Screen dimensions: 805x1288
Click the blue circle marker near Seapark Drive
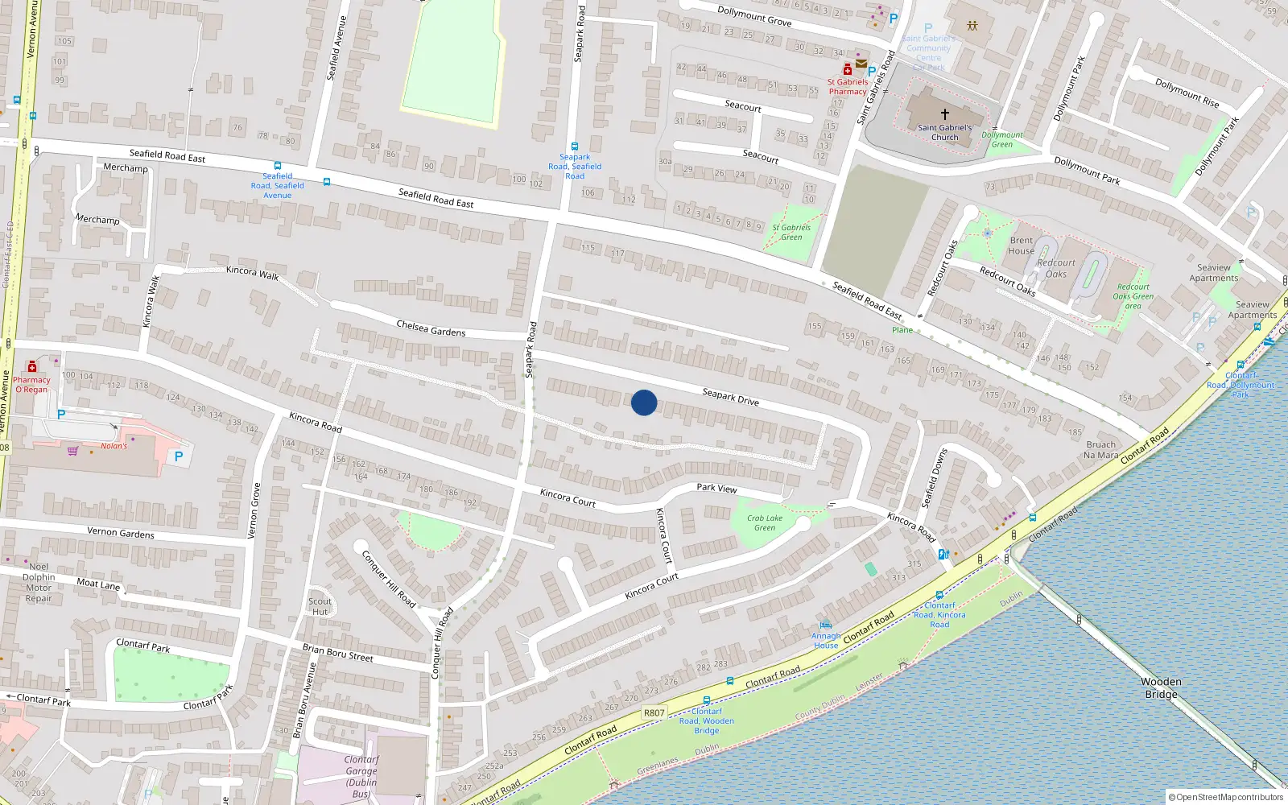(644, 402)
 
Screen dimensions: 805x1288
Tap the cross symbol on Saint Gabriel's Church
(945, 114)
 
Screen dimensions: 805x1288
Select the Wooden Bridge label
(1161, 687)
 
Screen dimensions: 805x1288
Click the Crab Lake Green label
(764, 523)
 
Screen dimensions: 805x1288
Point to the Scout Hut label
(320, 606)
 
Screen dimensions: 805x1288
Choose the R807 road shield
(654, 712)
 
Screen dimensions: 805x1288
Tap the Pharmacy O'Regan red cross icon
(32, 367)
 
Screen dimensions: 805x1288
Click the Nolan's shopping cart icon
(73, 451)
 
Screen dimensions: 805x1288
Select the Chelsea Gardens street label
(431, 328)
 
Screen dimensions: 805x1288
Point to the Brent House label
(1022, 246)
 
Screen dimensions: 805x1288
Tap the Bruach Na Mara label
(1100, 449)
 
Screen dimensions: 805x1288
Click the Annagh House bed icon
(825, 624)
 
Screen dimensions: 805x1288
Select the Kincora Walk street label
(252, 272)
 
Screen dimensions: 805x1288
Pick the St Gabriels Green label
(791, 232)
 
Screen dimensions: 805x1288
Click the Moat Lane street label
(98, 584)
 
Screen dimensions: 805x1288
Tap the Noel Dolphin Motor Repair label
(39, 582)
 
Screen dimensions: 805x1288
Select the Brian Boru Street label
(337, 653)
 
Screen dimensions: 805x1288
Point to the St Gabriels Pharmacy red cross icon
(848, 70)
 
